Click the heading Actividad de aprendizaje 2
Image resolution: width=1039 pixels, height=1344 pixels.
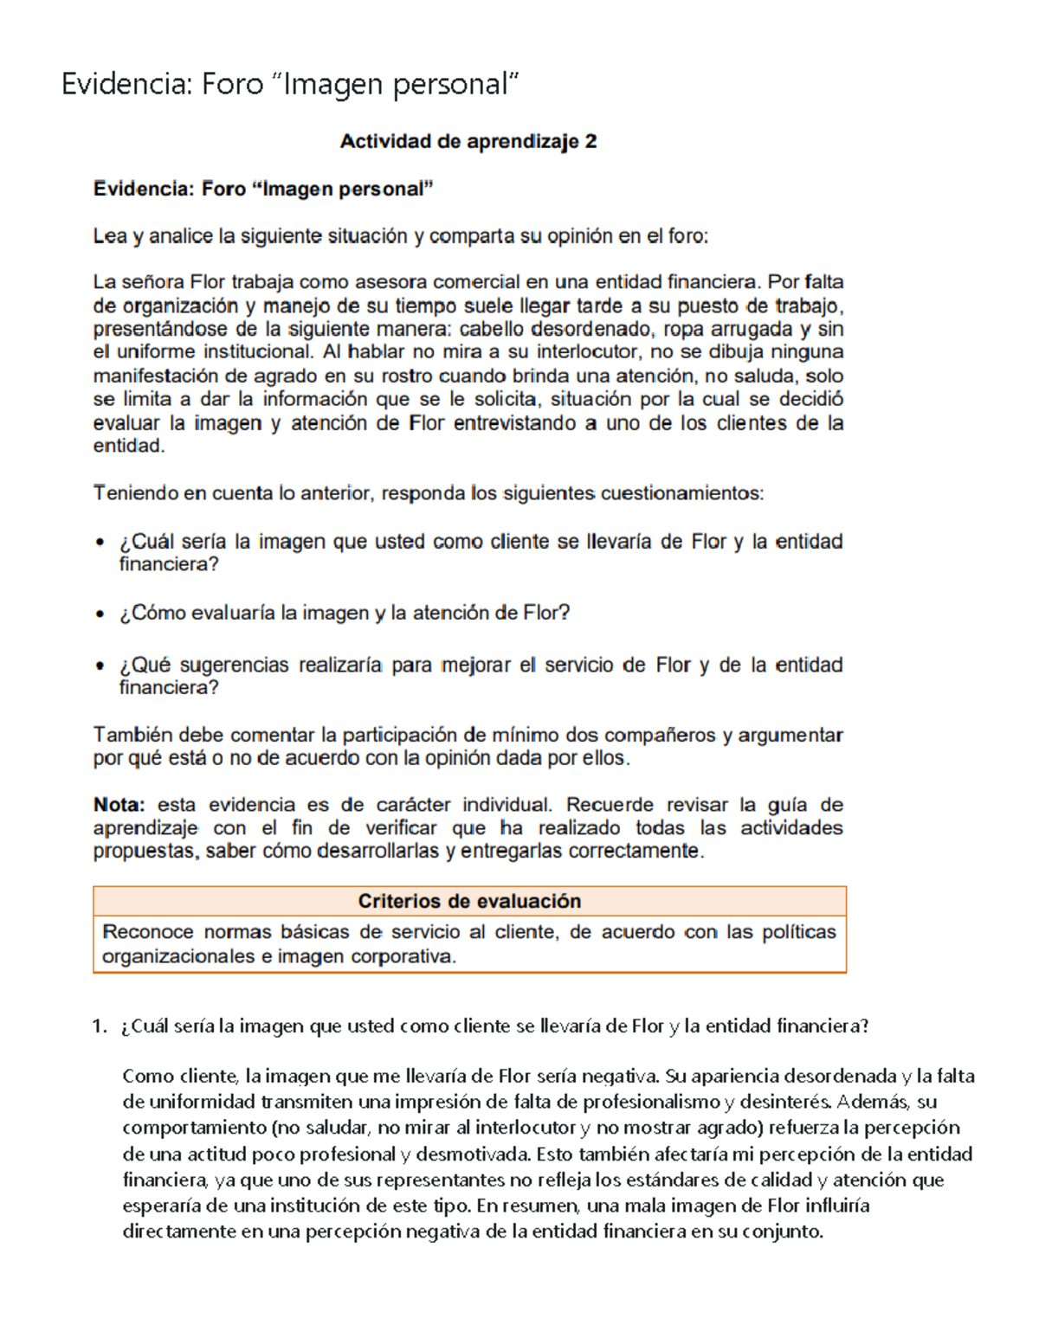[468, 142]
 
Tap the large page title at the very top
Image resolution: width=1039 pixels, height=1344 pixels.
[290, 84]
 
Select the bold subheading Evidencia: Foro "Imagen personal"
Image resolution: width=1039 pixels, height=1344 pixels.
[263, 189]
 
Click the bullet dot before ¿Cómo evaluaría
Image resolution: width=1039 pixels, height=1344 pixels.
[100, 614]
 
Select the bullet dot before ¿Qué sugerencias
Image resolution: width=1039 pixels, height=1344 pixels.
[100, 666]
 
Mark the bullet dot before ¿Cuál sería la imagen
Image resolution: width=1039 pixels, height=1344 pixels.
[100, 543]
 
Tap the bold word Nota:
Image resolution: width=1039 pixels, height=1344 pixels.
[119, 805]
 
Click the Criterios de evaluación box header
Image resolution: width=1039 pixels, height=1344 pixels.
[469, 901]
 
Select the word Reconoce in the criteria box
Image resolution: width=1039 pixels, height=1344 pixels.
[147, 932]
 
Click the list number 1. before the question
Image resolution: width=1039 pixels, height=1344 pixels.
[99, 1026]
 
